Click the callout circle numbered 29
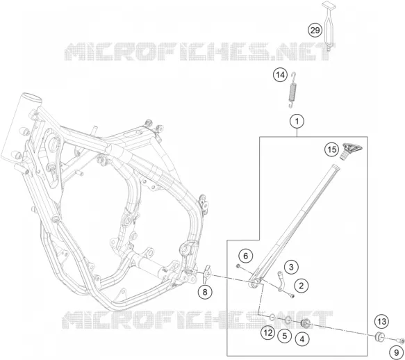(x=315, y=31)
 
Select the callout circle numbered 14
(x=280, y=75)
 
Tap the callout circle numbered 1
(x=297, y=121)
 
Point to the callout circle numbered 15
(x=332, y=149)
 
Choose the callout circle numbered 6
(x=246, y=256)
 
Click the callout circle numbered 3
(x=291, y=267)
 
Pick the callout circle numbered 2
(x=301, y=286)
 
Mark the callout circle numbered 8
(x=205, y=293)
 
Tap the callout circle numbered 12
(x=268, y=333)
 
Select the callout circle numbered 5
(x=285, y=336)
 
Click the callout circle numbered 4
(x=302, y=339)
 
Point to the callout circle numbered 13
(x=382, y=322)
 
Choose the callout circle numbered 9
(x=397, y=352)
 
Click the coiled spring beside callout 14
(x=292, y=90)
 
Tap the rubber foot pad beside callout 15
(x=352, y=152)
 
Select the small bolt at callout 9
(x=401, y=341)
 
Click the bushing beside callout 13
(x=379, y=336)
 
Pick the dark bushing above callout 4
(x=306, y=323)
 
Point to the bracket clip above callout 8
(x=206, y=274)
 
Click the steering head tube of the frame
(x=21, y=126)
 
